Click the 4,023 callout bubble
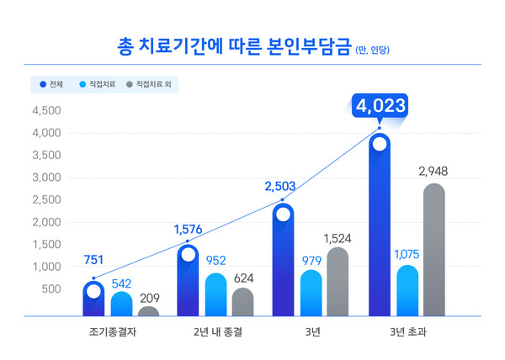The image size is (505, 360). [380, 107]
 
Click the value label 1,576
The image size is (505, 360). [189, 229]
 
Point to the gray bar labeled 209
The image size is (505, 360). [148, 311]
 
